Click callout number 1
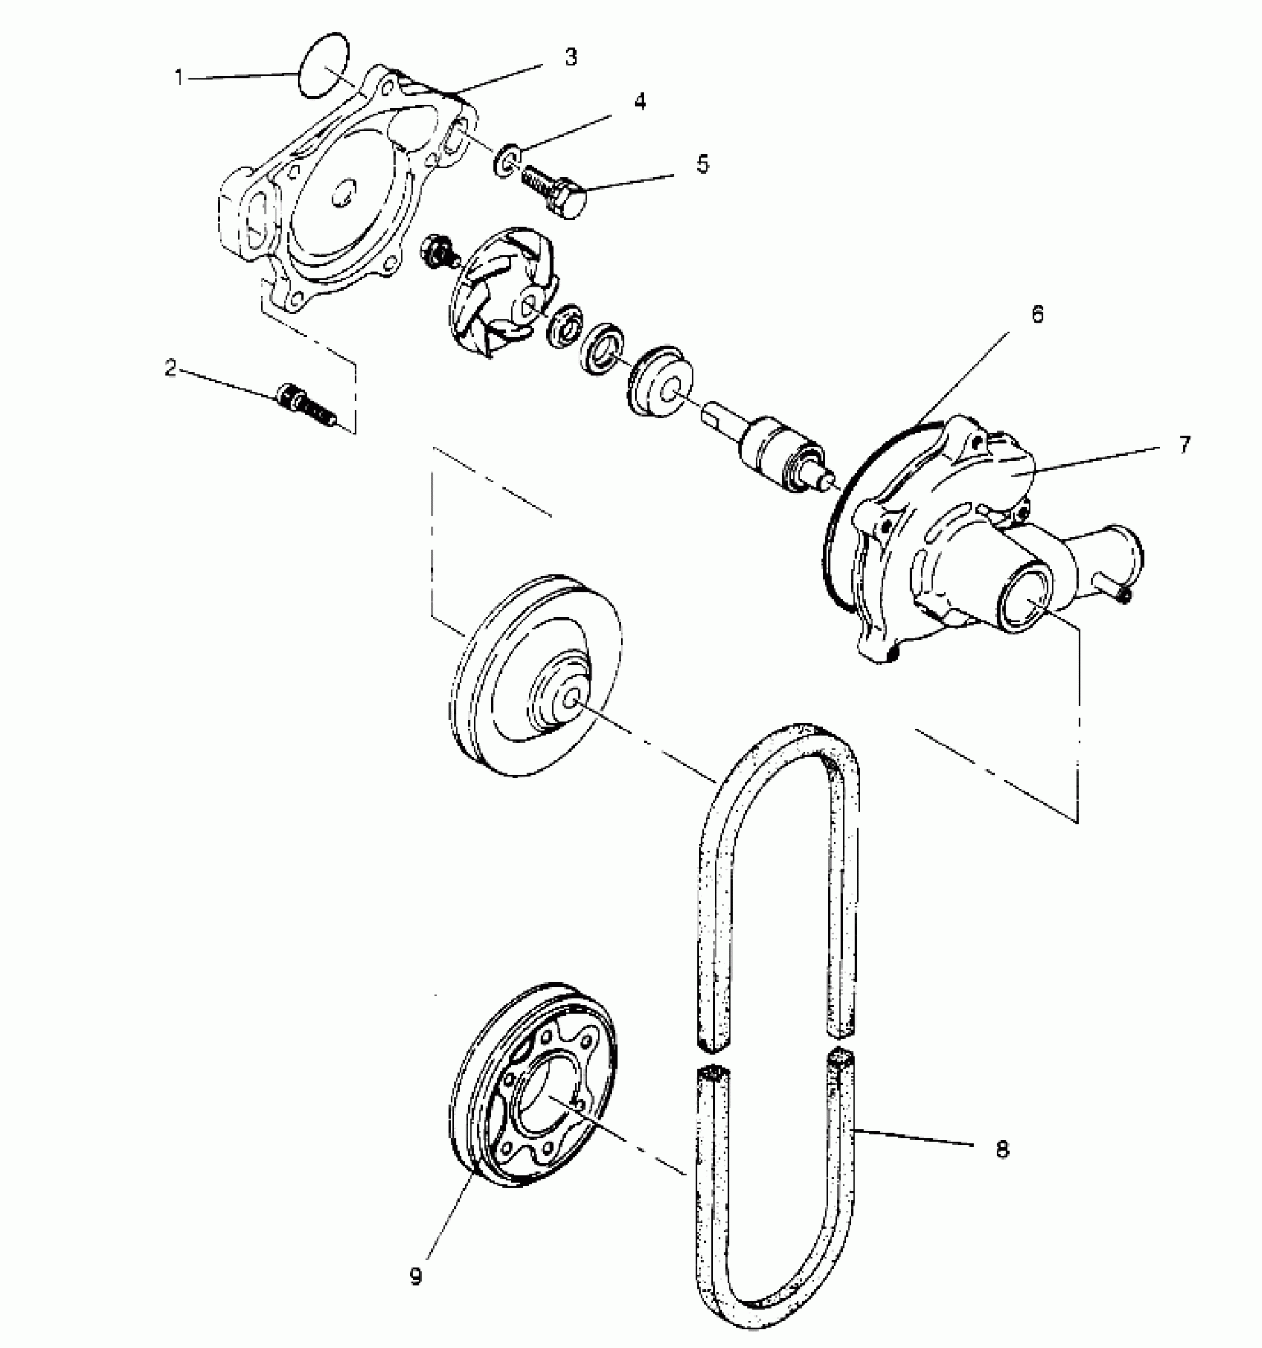click(x=179, y=77)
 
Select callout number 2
click(x=171, y=368)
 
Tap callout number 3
click(x=570, y=57)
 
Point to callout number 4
click(x=639, y=101)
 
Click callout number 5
click(x=702, y=164)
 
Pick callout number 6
click(x=1036, y=315)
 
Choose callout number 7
click(x=1183, y=444)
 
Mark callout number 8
click(x=1002, y=1149)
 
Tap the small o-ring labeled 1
click(x=324, y=65)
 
